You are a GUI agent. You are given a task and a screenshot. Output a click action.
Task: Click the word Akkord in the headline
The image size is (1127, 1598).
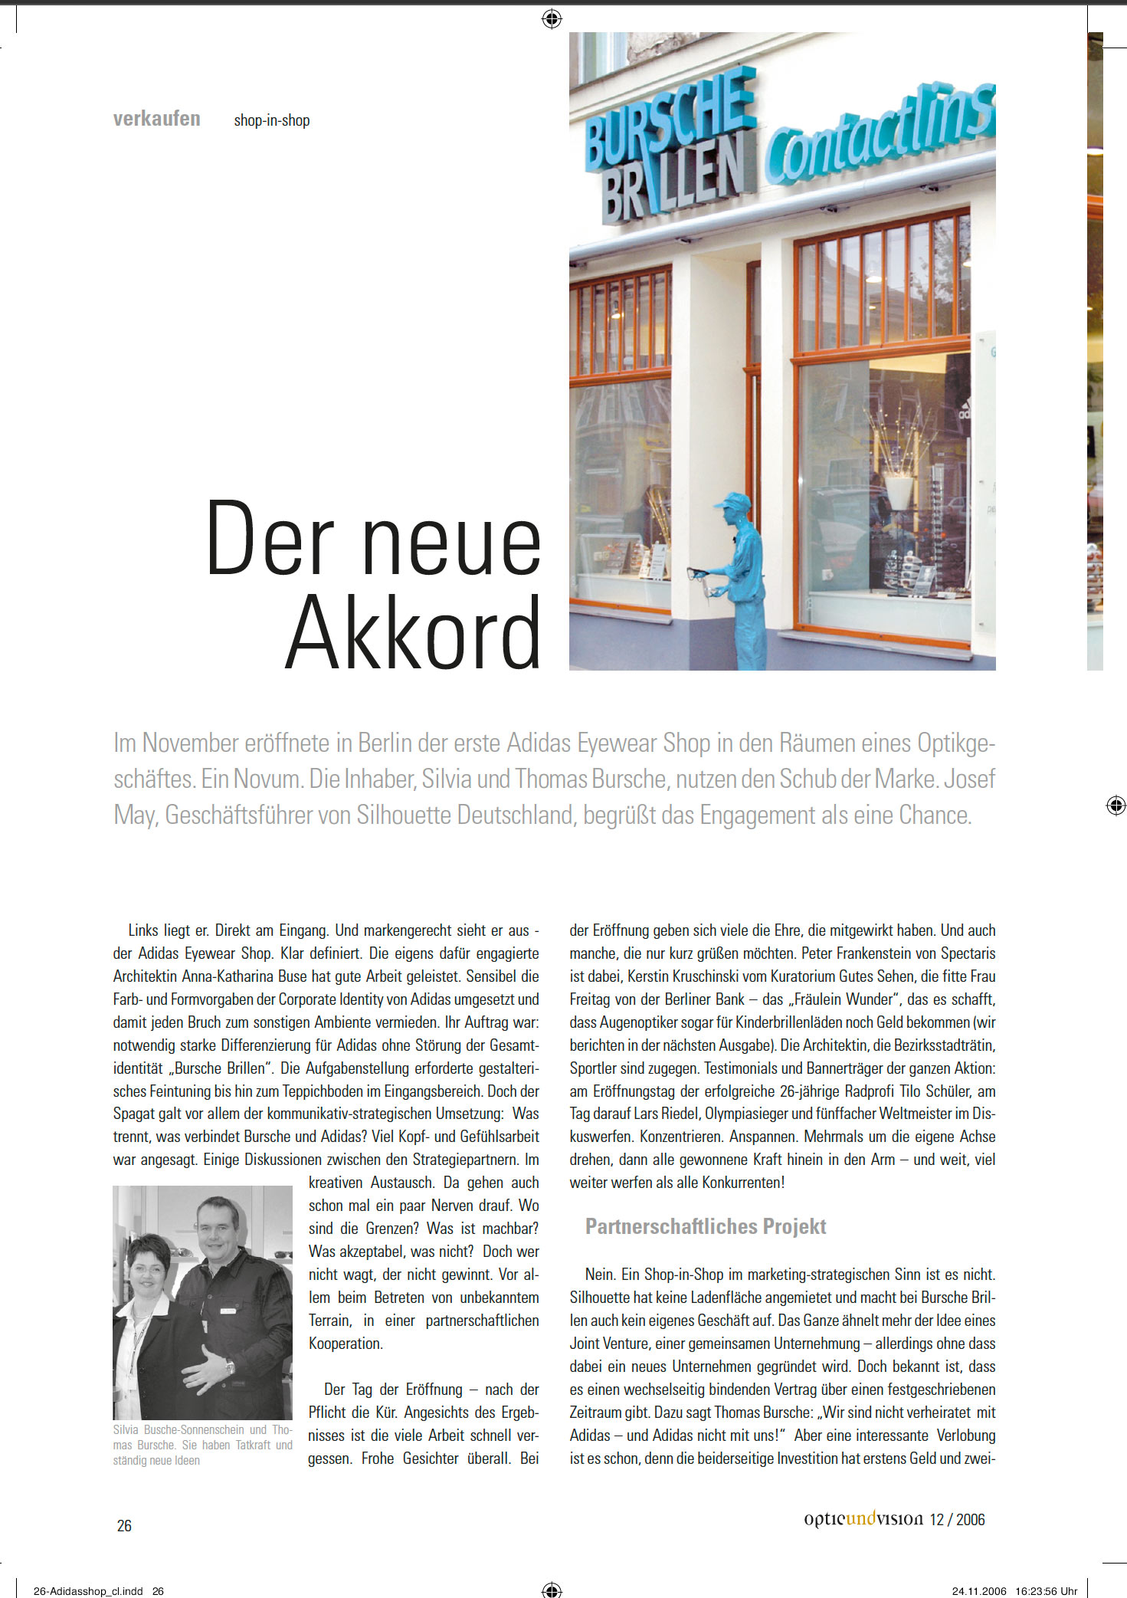tap(414, 632)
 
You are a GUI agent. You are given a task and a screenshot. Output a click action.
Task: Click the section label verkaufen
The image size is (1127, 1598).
tap(156, 119)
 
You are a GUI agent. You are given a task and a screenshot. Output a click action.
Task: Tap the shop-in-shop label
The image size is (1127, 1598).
tap(271, 120)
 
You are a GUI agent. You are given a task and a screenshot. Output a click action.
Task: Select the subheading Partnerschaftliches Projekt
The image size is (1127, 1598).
tap(705, 1226)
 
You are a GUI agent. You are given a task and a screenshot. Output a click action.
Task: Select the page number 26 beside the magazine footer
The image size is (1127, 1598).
tap(124, 1526)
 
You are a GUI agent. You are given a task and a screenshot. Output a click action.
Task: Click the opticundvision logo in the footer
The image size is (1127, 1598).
tap(863, 1519)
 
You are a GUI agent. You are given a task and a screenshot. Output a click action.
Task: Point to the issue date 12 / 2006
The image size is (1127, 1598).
tap(958, 1520)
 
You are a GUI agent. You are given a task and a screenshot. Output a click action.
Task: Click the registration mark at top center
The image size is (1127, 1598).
tap(552, 18)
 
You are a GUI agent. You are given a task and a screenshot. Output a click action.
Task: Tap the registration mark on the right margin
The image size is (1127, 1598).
tap(1116, 805)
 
